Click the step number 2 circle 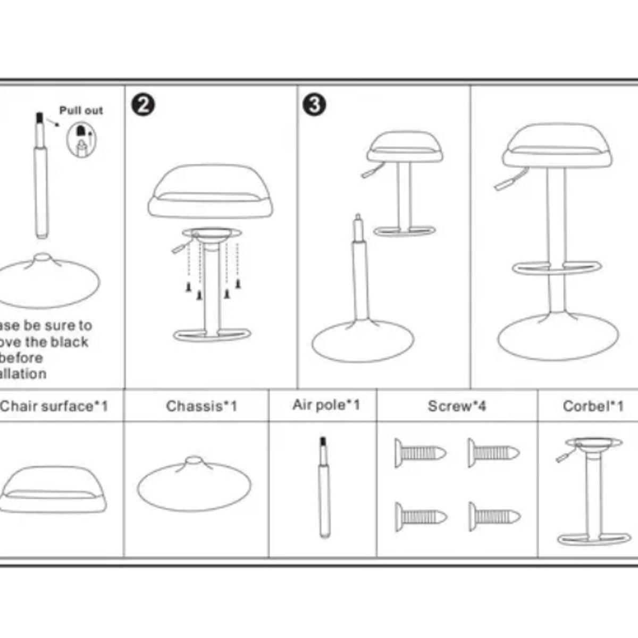pyautogui.click(x=142, y=105)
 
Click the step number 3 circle pyautogui.click(x=314, y=105)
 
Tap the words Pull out pyautogui.click(x=81, y=111)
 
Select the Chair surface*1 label pyautogui.click(x=54, y=407)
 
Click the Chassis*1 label pyautogui.click(x=202, y=407)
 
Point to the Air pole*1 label pyautogui.click(x=326, y=405)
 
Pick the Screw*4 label pyautogui.click(x=457, y=407)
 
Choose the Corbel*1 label pyautogui.click(x=593, y=407)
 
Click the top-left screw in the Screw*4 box pyautogui.click(x=420, y=454)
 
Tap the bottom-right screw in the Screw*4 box pyautogui.click(x=494, y=516)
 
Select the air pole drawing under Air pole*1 pyautogui.click(x=324, y=486)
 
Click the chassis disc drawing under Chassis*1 pyautogui.click(x=194, y=485)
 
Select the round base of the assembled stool pyautogui.click(x=558, y=337)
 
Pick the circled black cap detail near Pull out pyautogui.click(x=81, y=139)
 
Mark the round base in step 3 pyautogui.click(x=363, y=341)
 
